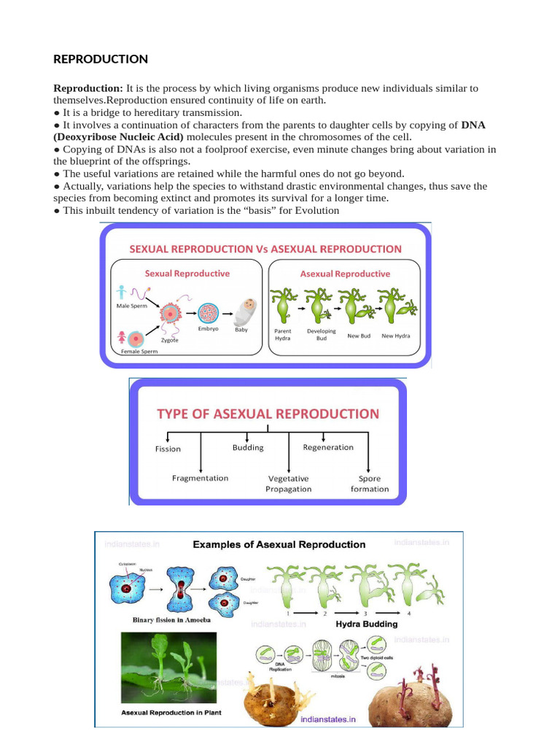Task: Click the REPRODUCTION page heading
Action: [101, 58]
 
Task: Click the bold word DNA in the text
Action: [473, 125]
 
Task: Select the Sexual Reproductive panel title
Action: [187, 274]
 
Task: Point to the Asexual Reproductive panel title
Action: [345, 274]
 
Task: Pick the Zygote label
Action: [169, 339]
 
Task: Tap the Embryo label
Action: [208, 329]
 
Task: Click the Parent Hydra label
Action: [283, 335]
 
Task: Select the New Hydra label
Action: [396, 336]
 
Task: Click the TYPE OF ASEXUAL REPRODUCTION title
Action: [268, 414]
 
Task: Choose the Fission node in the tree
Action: [168, 449]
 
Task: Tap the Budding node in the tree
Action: [248, 447]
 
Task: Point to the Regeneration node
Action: [328, 447]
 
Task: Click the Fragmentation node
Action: [200, 478]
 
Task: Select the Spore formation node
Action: [370, 484]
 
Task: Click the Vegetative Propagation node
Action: [289, 484]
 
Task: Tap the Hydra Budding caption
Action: [366, 624]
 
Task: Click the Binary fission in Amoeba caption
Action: [172, 620]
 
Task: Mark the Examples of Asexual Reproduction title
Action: [279, 544]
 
